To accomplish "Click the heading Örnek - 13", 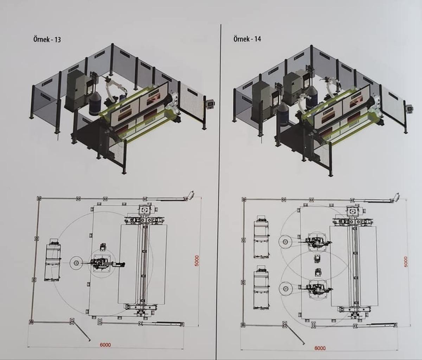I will (47, 40).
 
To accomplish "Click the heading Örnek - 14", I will (247, 39).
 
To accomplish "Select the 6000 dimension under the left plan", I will (105, 345).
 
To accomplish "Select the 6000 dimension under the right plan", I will (320, 348).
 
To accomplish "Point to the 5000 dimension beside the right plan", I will (405, 262).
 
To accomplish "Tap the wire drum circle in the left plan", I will (75, 263).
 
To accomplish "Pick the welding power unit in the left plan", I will (52, 261).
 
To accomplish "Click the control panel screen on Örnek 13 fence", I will (211, 104).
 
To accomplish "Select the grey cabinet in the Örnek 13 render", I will (76, 90).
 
